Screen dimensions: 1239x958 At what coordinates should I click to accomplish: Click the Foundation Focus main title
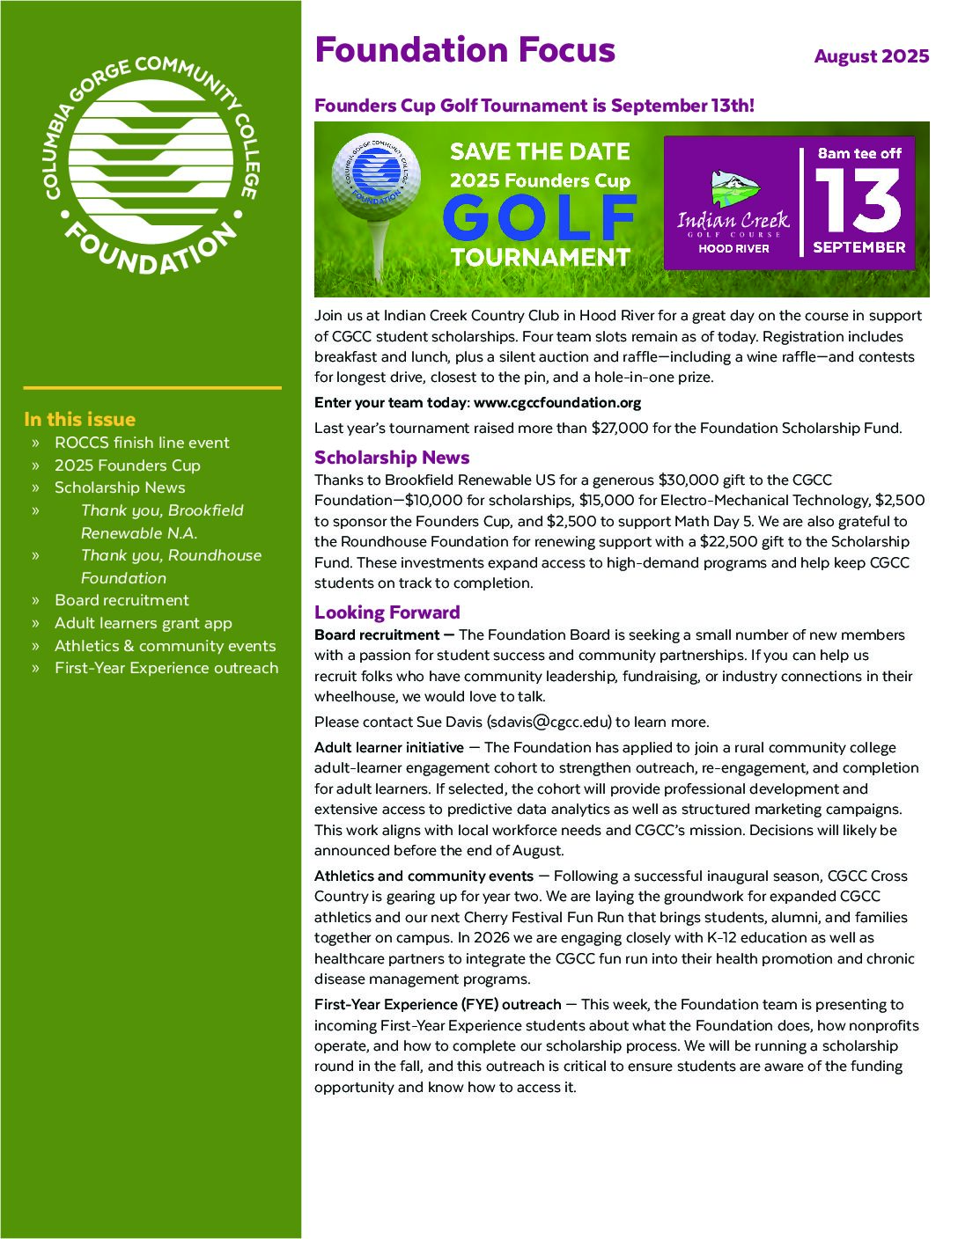(x=465, y=50)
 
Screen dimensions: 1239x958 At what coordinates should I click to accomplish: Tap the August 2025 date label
(x=871, y=56)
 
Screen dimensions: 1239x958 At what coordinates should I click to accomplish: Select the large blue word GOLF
(x=540, y=217)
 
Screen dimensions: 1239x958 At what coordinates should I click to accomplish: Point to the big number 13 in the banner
(x=858, y=201)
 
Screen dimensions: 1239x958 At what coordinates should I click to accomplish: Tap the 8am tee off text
(x=859, y=153)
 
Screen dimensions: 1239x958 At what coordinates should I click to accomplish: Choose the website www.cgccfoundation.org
(x=556, y=403)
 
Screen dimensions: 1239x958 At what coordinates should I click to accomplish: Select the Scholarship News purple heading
(x=392, y=458)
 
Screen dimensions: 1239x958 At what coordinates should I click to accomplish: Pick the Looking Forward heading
(x=387, y=612)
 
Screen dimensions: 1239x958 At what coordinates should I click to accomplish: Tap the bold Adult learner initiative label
(x=389, y=748)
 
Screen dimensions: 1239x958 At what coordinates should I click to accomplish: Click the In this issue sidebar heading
(x=80, y=420)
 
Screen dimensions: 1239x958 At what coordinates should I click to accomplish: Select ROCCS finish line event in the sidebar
(x=142, y=443)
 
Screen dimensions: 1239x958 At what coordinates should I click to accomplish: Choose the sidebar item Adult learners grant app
(x=144, y=623)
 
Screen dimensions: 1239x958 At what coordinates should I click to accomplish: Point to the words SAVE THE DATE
(x=540, y=152)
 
